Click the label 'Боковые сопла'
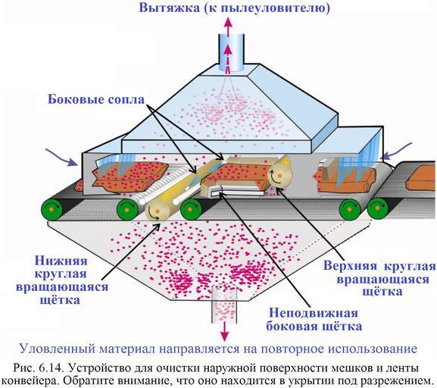96,99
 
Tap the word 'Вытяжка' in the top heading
170,8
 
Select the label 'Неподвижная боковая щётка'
314,320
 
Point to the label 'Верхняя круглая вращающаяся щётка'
379,279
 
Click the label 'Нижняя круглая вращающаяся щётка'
62,280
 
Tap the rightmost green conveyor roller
378,208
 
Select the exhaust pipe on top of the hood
231,52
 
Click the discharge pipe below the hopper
224,305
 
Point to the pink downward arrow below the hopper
224,333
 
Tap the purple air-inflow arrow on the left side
62,157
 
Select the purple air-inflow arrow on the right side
397,151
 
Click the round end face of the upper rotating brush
279,175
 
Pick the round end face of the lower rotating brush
157,211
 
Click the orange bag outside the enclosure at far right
421,178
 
